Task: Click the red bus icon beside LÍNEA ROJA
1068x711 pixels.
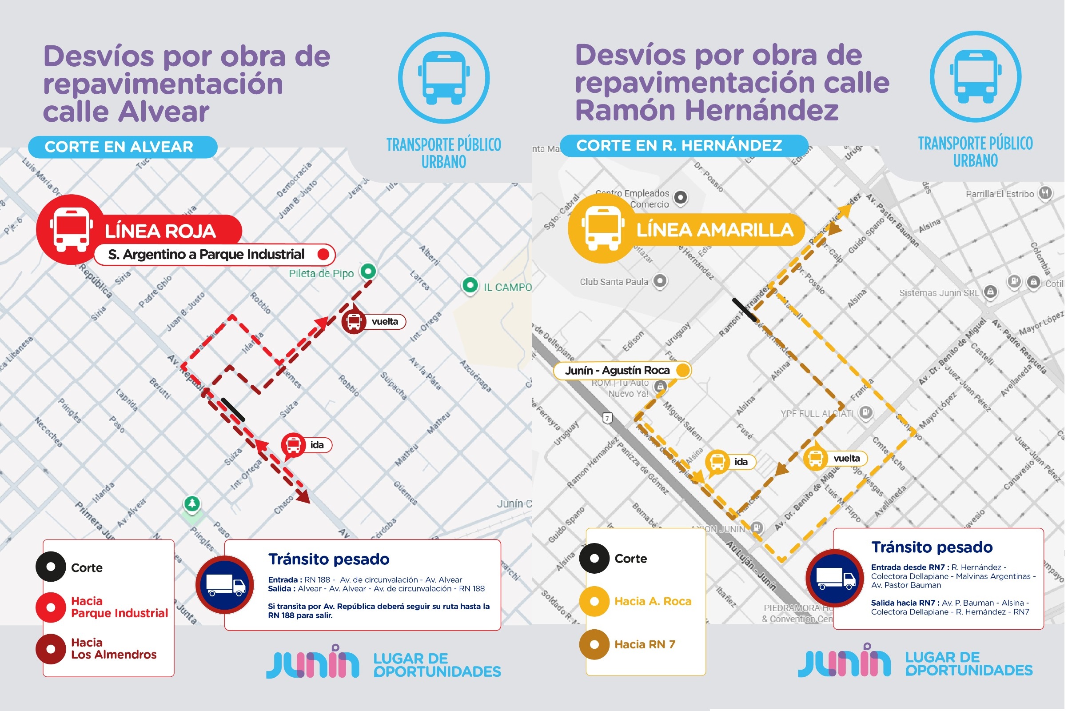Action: point(71,229)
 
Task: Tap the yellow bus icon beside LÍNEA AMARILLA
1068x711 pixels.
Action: point(602,228)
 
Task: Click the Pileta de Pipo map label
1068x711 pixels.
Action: point(321,273)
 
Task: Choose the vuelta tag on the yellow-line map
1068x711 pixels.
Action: point(846,459)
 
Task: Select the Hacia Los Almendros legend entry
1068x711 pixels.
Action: point(113,649)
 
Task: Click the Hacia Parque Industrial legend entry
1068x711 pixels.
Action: point(119,607)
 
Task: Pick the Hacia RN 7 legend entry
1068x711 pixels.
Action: point(644,644)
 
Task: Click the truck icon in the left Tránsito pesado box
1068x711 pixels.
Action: point(225,584)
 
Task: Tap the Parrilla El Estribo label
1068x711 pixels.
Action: point(999,194)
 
